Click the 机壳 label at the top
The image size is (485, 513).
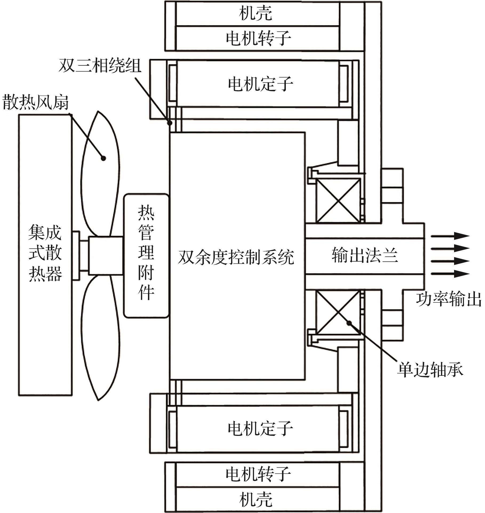(255, 13)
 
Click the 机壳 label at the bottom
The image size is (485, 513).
(255, 499)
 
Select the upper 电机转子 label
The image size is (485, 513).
(258, 38)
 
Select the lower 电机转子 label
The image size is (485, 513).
(258, 474)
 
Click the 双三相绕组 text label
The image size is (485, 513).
(100, 65)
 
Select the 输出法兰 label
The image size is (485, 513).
(365, 255)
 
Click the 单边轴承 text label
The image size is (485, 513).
(430, 369)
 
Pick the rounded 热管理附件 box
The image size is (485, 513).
(146, 256)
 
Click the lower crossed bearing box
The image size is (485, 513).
(338, 312)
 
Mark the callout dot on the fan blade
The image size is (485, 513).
(103, 158)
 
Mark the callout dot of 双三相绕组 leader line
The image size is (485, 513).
(170, 123)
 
